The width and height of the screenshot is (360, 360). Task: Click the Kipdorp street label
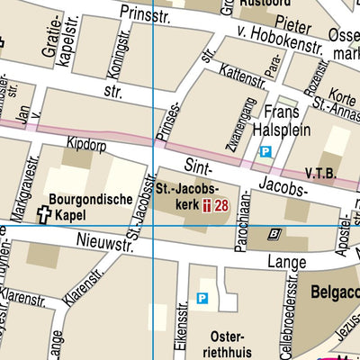pos(85,143)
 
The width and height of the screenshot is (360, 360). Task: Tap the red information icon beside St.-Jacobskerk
pos(207,206)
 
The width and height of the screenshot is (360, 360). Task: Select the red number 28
pos(222,206)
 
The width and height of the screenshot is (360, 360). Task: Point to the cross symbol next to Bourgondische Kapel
pos(44,214)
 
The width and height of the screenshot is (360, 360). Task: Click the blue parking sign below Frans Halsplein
pos(265,152)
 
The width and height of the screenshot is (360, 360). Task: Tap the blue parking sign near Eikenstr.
pos(202,299)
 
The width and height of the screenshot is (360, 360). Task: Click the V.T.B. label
pos(322,171)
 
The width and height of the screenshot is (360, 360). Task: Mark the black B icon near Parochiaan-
pos(275,233)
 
